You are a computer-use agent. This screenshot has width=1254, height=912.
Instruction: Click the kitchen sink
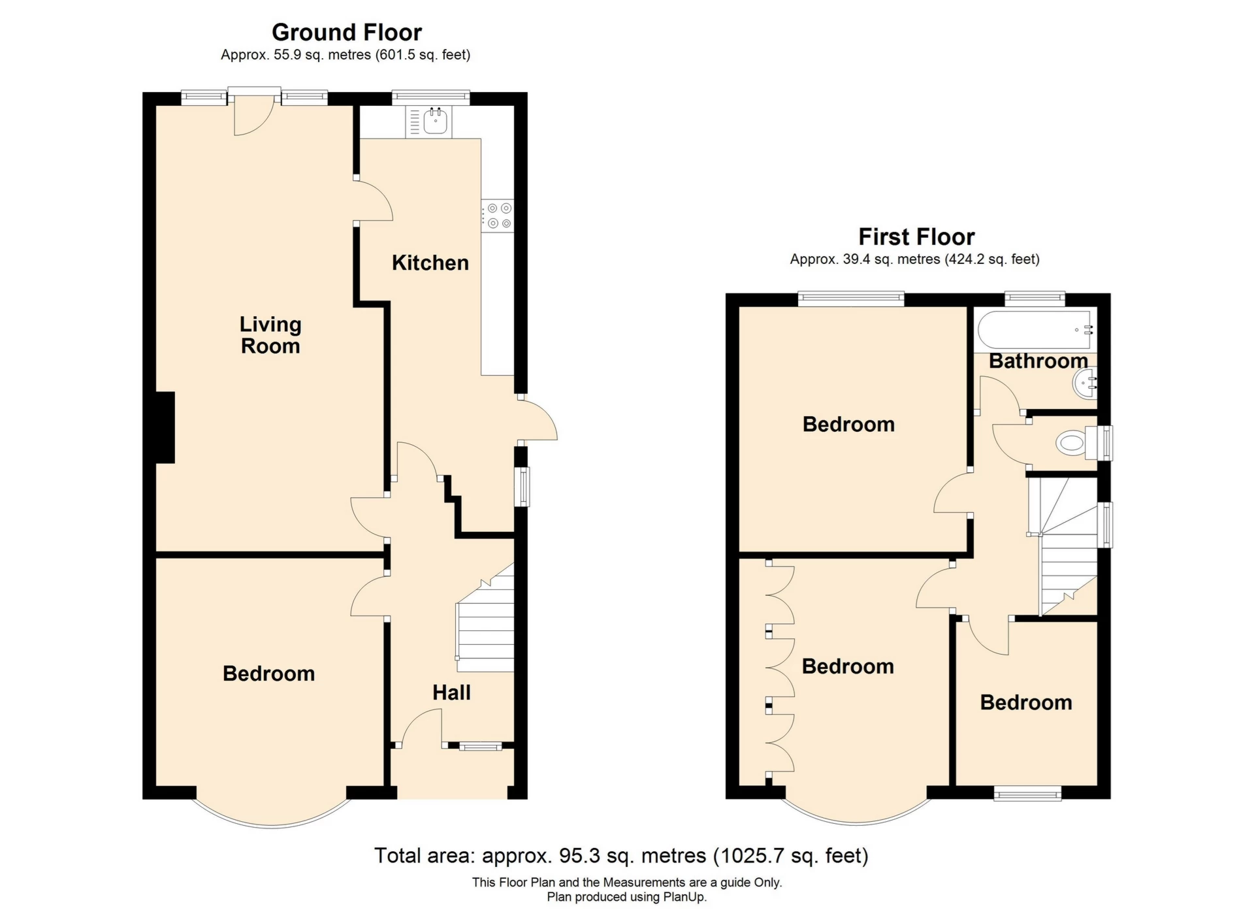tap(434, 122)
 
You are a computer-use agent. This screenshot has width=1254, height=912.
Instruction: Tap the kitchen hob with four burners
tap(498, 216)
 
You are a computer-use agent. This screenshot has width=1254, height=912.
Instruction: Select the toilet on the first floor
tap(1071, 444)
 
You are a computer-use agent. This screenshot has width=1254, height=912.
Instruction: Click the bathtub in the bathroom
tap(1035, 330)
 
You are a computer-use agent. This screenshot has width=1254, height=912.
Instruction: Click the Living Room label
tap(270, 334)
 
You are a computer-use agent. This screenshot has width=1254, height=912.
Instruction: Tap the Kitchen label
tap(430, 263)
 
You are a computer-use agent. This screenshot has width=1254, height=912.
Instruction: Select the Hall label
tap(451, 692)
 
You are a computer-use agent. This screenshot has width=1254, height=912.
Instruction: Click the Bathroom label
tap(1037, 361)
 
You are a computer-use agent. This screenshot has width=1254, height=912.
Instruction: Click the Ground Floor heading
tap(347, 32)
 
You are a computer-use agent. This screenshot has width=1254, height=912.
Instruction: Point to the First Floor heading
tap(916, 236)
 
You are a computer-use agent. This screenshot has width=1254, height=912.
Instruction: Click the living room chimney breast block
tap(165, 427)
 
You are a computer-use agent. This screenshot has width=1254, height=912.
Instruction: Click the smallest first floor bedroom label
tap(1025, 702)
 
